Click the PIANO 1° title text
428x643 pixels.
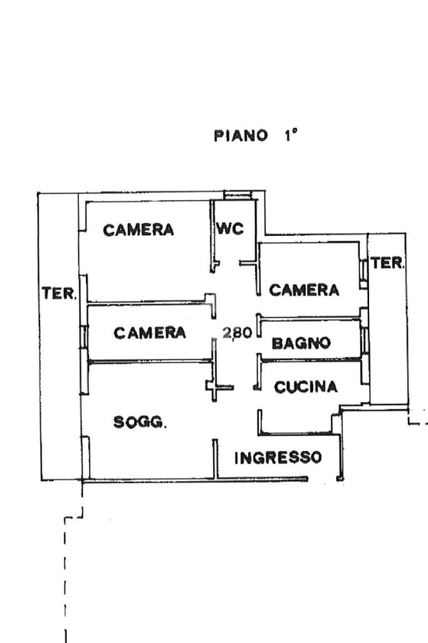pos(256,135)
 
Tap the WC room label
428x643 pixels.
pos(230,228)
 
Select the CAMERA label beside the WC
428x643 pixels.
pos(138,230)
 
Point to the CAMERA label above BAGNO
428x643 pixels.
pos(304,290)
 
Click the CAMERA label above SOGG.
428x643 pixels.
pos(150,332)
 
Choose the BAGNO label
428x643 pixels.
pos(301,343)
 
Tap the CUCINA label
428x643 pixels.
pos(306,386)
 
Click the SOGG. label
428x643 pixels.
pos(140,422)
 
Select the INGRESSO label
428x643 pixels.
pos(278,457)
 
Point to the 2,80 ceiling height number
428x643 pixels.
pos(237,332)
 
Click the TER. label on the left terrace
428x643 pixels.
pos(59,294)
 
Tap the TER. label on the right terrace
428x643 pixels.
pos(387,263)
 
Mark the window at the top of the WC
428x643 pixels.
pos(238,196)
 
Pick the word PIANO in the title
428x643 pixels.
pos(241,136)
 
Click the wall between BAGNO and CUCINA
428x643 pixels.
pos(311,359)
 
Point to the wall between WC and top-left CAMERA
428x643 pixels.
pos(213,236)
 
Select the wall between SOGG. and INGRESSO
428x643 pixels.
pos(215,459)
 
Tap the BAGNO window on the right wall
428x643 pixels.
pos(364,340)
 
